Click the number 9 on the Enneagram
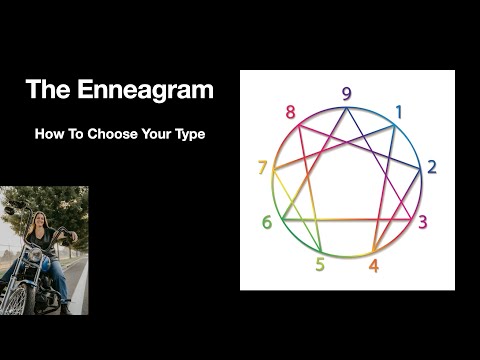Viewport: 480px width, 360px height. point(346,94)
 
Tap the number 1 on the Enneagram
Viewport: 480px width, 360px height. point(397,112)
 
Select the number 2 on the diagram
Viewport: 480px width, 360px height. point(431,167)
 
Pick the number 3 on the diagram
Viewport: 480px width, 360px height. point(422,221)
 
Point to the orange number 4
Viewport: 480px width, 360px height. point(373,266)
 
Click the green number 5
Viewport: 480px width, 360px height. point(319,264)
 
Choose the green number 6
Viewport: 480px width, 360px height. point(267,222)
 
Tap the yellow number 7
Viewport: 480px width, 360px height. point(262,167)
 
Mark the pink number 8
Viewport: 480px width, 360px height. point(290,112)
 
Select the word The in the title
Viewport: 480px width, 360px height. point(47,90)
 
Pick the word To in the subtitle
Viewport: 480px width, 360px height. point(78,133)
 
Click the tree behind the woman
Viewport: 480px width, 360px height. point(20,205)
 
